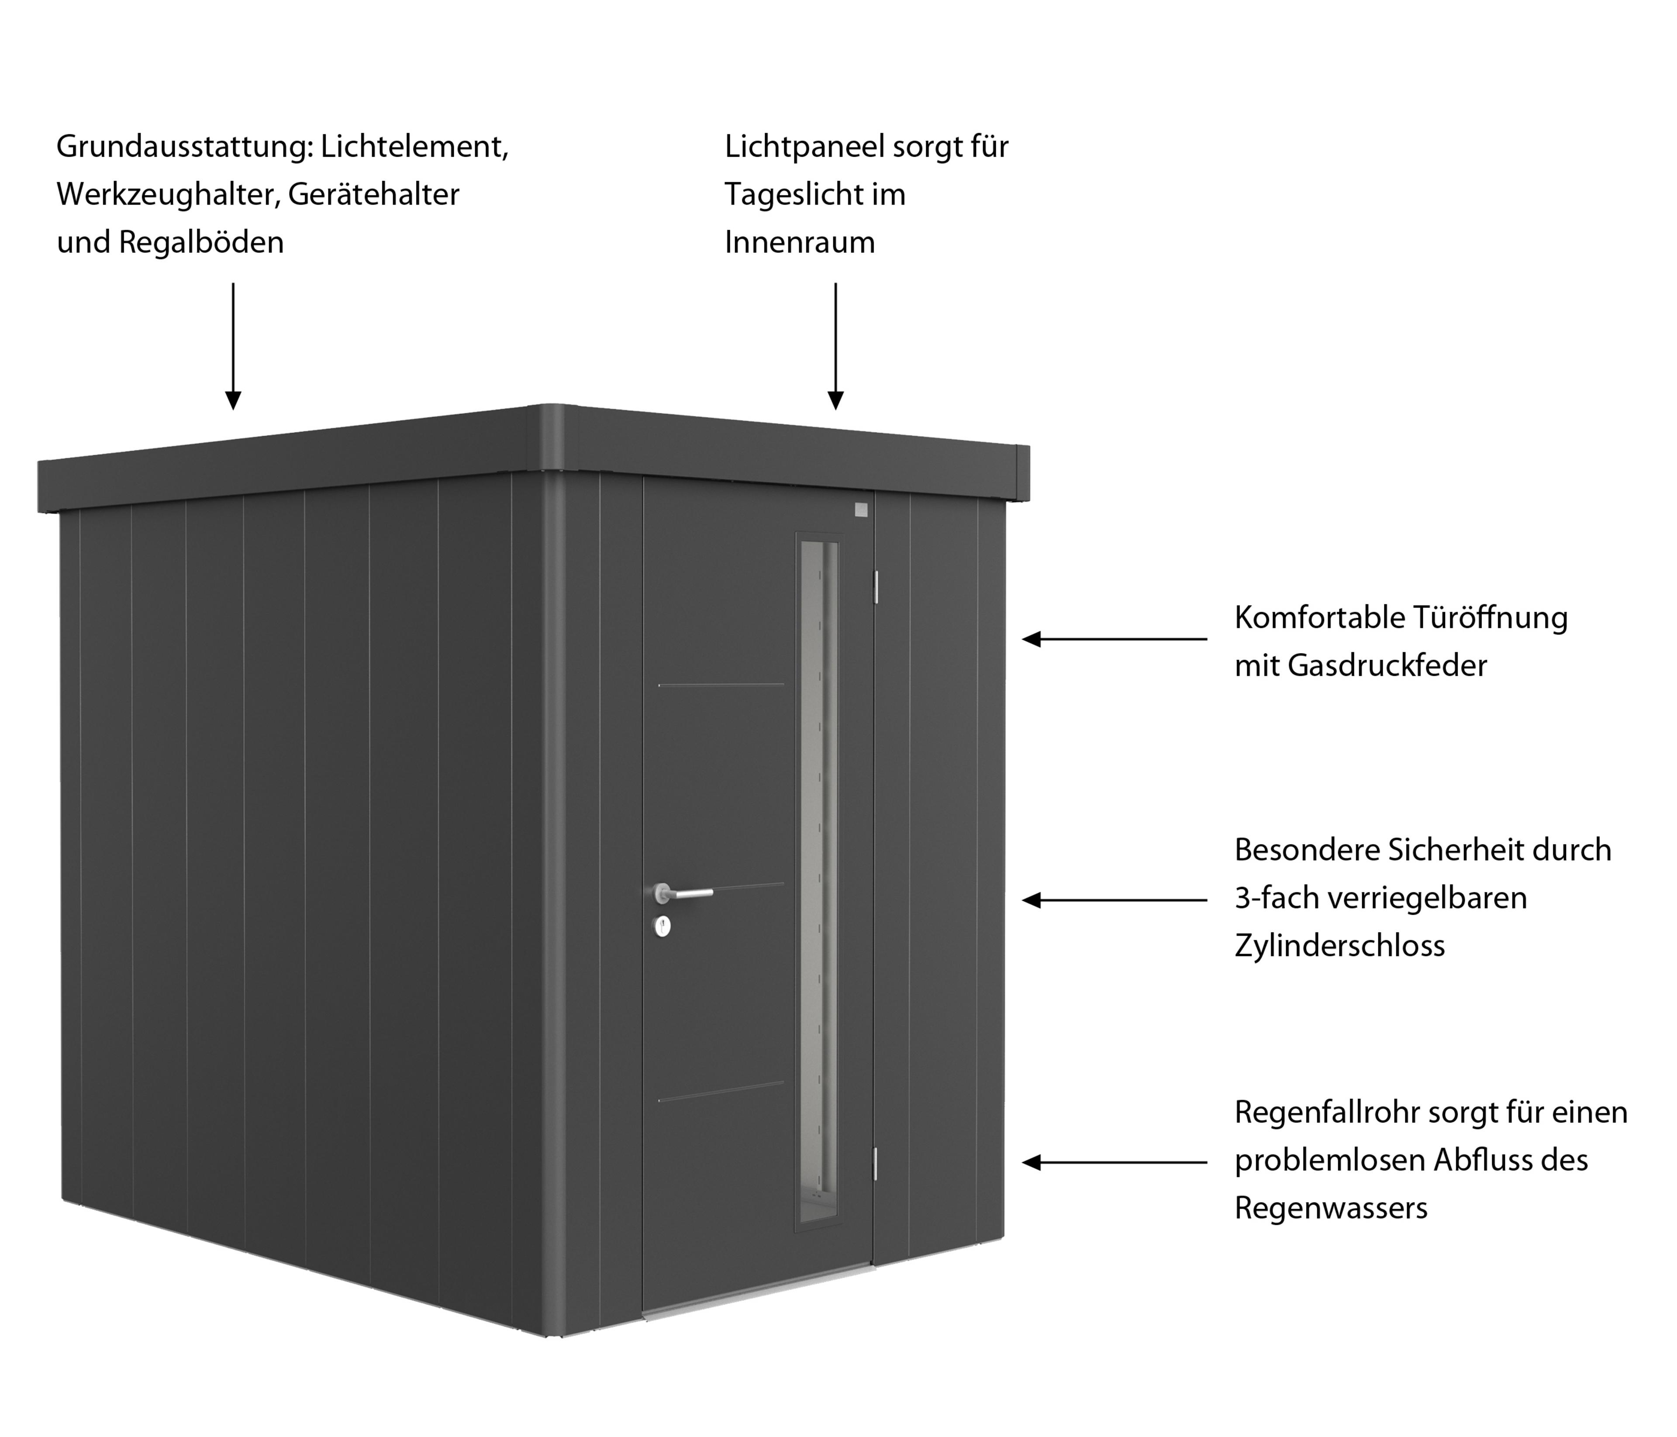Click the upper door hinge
pyautogui.click(x=876, y=586)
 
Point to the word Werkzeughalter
pyautogui.click(x=168, y=196)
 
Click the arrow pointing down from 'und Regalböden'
pyautogui.click(x=233, y=345)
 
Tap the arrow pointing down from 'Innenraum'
pyautogui.click(x=836, y=345)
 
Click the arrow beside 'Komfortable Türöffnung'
pyautogui.click(x=1115, y=639)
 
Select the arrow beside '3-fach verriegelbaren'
pyautogui.click(x=1115, y=900)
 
